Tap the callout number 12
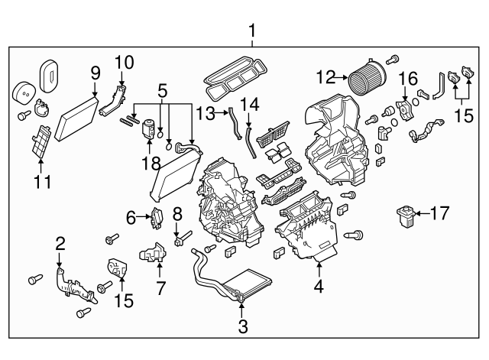tap(325, 76)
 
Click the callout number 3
tap(242, 328)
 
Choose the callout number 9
tap(95, 73)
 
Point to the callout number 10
tap(123, 60)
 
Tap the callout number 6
tap(131, 218)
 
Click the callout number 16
tap(408, 79)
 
